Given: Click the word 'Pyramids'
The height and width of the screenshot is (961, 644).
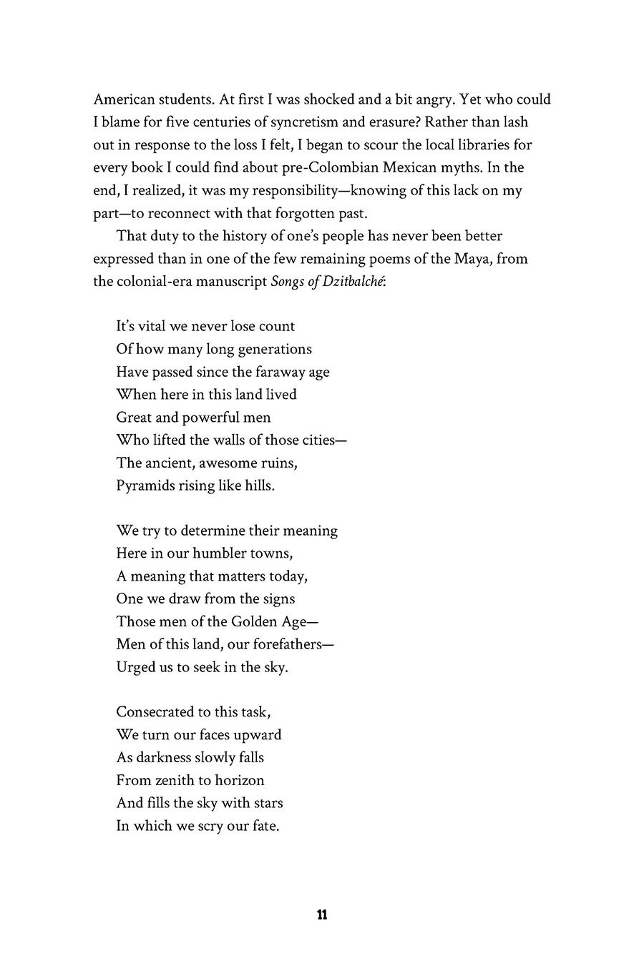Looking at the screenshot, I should [x=145, y=486].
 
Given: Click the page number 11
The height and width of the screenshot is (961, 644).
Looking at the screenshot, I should [x=321, y=915].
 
